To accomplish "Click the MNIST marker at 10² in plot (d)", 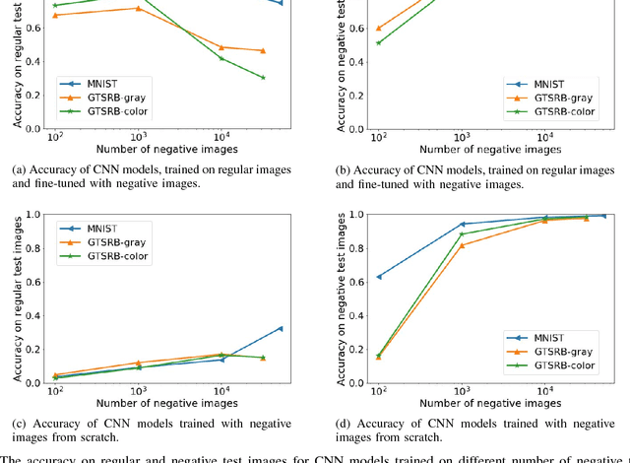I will click(x=379, y=277).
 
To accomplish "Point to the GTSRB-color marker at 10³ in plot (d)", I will click(x=463, y=233).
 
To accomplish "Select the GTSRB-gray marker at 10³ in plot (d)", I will click(x=463, y=244).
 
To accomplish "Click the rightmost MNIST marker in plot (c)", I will click(x=281, y=328).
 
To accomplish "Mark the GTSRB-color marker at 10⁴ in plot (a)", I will click(x=221, y=58).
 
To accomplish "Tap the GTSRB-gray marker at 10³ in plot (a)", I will click(x=138, y=8).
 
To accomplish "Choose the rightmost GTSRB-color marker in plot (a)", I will click(x=263, y=77).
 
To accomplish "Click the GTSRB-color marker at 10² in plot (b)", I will click(x=379, y=42).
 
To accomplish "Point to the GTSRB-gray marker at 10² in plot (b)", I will click(x=379, y=29).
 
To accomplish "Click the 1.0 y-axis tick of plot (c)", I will click(x=33, y=215).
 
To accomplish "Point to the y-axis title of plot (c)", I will click(x=16, y=298).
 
